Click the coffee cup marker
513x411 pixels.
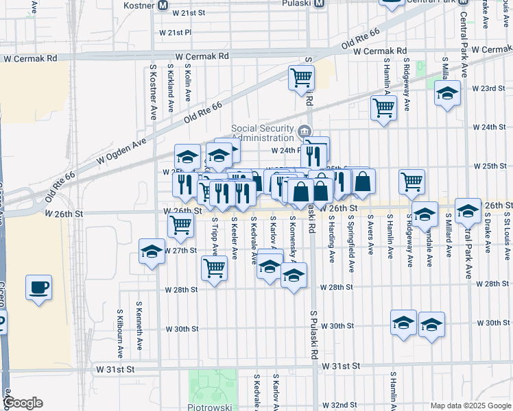tap(39, 286)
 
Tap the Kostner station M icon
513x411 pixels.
tap(163, 5)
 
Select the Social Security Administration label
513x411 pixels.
tap(263, 132)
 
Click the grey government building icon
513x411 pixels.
tap(304, 130)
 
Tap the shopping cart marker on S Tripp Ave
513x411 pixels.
tap(215, 268)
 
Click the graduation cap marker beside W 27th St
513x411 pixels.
tap(152, 251)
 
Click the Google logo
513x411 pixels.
tap(23, 403)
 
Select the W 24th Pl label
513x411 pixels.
tap(287, 151)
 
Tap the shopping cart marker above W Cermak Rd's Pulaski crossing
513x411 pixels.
tap(301, 79)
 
